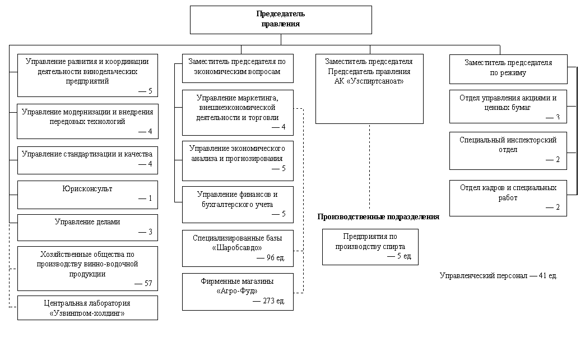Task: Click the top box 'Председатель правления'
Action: coord(281,20)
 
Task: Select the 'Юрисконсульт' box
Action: coord(87,195)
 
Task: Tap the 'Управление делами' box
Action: coord(87,228)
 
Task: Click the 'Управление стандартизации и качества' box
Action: coord(87,160)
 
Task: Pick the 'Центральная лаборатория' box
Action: coord(87,308)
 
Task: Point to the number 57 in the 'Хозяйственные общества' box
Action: coord(148,283)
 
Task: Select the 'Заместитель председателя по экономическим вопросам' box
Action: coord(238,68)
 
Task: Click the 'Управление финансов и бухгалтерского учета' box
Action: coord(238,205)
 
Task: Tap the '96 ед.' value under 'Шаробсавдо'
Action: coord(276,258)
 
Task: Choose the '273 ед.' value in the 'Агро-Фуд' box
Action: coord(274,301)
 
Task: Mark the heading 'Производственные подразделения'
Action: coord(378,217)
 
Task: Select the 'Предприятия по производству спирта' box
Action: coord(370,247)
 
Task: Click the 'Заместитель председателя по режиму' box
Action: coord(508,69)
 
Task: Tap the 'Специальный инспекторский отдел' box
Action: coord(508,151)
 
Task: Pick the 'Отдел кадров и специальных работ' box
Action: coord(508,199)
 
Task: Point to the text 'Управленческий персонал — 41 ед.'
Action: coord(499,276)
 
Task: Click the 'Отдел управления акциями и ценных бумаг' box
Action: coord(508,107)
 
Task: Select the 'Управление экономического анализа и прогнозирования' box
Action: coord(238,161)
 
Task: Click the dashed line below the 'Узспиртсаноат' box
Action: coord(369,167)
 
